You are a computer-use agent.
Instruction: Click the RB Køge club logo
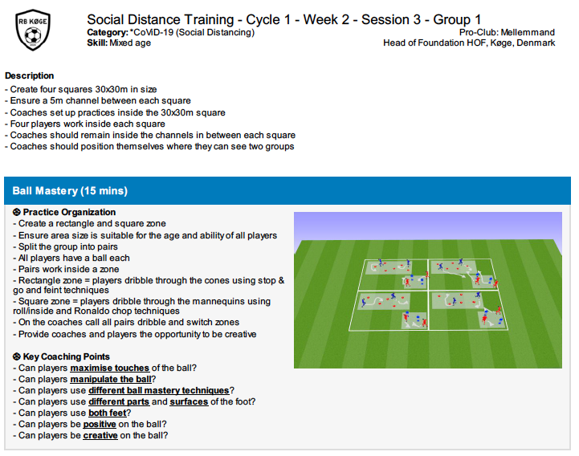[x=33, y=30]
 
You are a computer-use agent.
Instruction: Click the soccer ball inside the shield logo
[x=33, y=36]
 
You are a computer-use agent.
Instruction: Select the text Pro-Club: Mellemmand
[x=507, y=32]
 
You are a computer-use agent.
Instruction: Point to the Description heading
[x=30, y=75]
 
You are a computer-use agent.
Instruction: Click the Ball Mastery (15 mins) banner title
[x=70, y=191]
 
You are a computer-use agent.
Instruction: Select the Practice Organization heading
[x=69, y=212]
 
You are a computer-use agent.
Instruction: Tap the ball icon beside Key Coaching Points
[x=17, y=356]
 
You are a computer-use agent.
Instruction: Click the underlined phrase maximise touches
[x=110, y=368]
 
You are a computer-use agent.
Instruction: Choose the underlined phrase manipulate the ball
[x=111, y=379]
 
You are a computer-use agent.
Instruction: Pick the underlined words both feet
[x=108, y=413]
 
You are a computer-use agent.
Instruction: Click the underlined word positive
[x=100, y=424]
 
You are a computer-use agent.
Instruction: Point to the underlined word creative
[x=100, y=436]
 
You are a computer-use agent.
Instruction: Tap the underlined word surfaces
[x=189, y=401]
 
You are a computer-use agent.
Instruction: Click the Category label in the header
[x=108, y=32]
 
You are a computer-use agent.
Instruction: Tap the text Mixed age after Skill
[x=130, y=43]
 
